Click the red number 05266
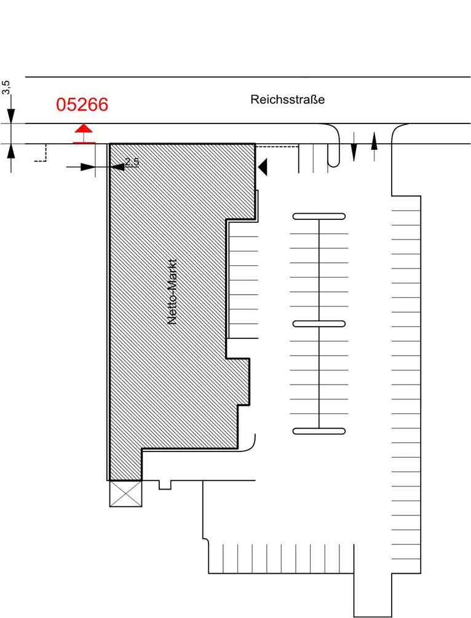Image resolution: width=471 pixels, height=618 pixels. click(x=82, y=104)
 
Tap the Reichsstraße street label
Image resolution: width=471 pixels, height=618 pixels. click(x=288, y=100)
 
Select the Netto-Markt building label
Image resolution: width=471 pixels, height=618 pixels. click(x=172, y=292)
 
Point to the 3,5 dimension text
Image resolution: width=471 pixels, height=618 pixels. click(x=6, y=87)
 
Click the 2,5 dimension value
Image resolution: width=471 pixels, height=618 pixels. click(x=132, y=162)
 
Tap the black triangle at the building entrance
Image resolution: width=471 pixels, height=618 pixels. click(x=263, y=166)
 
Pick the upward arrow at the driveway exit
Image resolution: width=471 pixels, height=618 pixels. click(x=374, y=147)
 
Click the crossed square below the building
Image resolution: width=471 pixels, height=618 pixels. click(x=125, y=493)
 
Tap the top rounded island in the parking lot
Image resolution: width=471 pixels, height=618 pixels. click(x=319, y=216)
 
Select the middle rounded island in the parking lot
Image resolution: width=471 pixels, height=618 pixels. click(x=319, y=324)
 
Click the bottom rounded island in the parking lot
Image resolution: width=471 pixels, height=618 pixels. click(x=319, y=431)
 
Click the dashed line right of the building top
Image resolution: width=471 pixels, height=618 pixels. click(x=277, y=147)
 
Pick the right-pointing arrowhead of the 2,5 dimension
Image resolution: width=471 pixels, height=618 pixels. click(x=87, y=167)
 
